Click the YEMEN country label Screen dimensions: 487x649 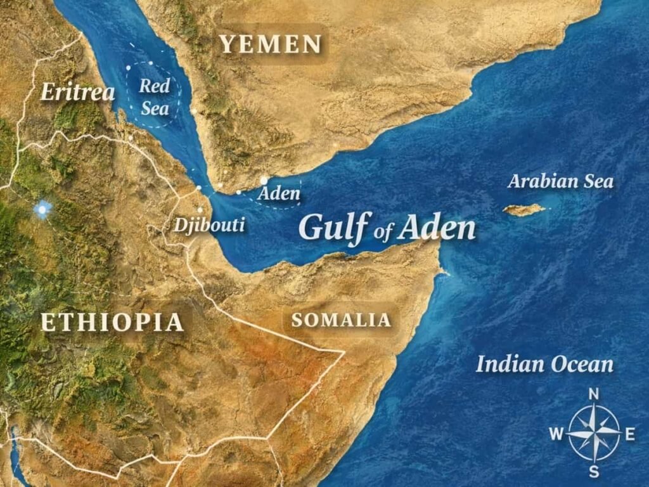[271, 44]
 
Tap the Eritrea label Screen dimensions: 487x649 [78, 93]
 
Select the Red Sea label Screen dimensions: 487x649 [155, 97]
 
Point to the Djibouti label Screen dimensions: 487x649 [209, 224]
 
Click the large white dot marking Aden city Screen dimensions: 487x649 [264, 181]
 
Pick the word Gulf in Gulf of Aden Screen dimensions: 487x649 [333, 227]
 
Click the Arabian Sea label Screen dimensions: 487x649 [561, 182]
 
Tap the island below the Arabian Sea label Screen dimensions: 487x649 [524, 209]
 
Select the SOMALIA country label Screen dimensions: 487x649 [341, 320]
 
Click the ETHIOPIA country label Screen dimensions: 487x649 [112, 322]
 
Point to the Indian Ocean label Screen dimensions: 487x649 [544, 365]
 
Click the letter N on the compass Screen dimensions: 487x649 [594, 394]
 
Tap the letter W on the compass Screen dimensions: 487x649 [556, 434]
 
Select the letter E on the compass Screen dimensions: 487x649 [630, 434]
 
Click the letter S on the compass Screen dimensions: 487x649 [594, 472]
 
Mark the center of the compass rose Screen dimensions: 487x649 [594, 434]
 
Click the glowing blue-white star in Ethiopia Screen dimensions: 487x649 [42, 209]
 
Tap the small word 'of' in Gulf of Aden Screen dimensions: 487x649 [384, 233]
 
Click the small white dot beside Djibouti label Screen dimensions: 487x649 [200, 210]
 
